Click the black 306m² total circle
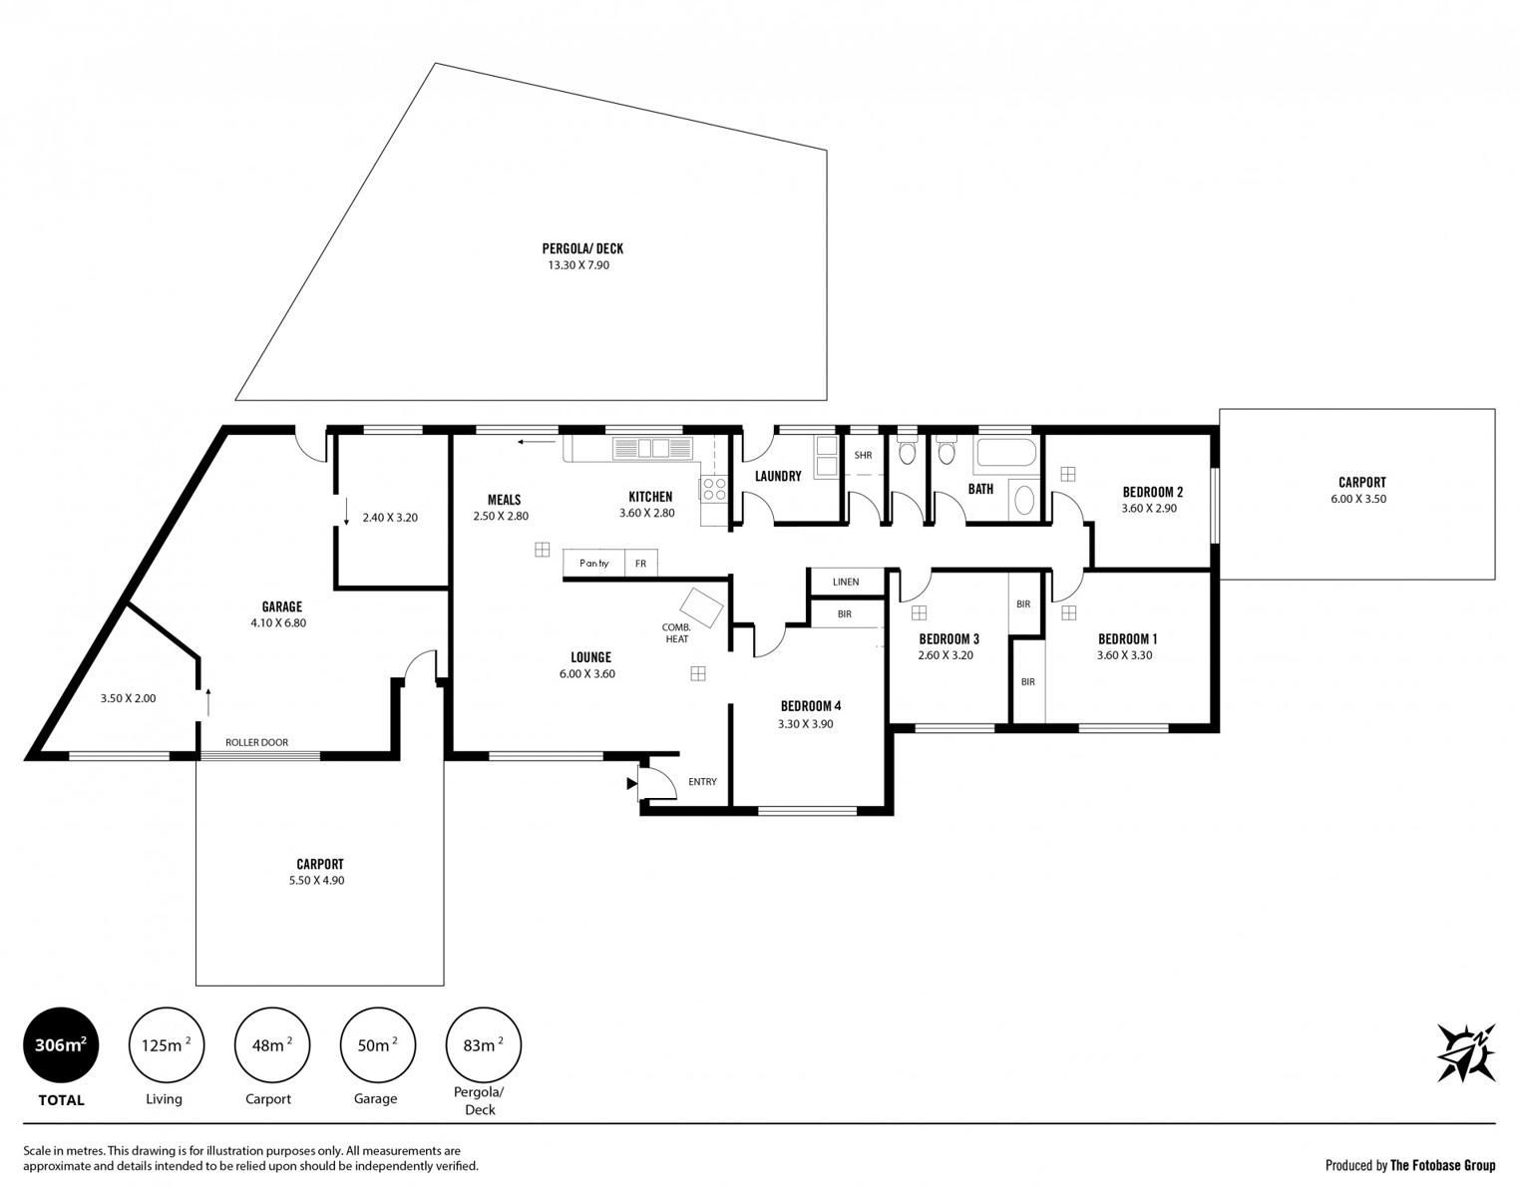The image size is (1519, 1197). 62,1044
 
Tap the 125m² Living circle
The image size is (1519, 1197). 167,1044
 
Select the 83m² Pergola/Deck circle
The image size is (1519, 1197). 484,1044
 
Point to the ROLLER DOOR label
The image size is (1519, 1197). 257,742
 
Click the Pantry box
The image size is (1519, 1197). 593,563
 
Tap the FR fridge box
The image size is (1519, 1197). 641,563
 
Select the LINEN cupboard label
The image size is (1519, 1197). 846,582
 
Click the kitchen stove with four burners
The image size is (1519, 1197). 713,490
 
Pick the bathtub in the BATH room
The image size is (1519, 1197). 1005,455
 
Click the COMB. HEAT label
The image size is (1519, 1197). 676,632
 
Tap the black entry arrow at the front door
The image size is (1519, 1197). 631,783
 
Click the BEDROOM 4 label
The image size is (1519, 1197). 810,705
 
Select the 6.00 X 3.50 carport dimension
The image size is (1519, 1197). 1358,499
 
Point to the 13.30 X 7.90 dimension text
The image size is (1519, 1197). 578,264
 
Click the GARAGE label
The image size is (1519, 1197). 281,605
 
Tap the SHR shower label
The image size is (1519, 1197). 864,455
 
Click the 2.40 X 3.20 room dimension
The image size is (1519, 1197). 390,517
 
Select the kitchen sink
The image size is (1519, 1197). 651,449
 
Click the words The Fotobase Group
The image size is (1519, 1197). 1443,1165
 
